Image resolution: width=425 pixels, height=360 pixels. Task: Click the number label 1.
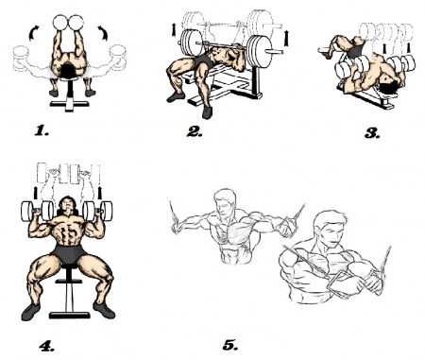(42, 130)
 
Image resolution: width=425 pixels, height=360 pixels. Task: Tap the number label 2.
(195, 131)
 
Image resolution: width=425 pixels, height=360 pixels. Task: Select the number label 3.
(372, 133)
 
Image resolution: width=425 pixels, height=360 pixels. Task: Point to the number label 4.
(46, 346)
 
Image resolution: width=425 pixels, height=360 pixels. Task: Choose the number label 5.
(230, 345)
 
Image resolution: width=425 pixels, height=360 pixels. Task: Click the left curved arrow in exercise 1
(33, 33)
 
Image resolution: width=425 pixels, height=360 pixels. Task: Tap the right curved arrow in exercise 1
(103, 33)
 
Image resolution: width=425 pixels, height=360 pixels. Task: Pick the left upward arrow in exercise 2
(174, 29)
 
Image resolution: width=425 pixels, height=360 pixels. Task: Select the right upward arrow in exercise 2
(286, 37)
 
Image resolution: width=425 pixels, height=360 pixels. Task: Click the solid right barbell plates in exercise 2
(259, 51)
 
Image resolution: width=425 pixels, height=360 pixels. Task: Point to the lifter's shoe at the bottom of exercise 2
(207, 112)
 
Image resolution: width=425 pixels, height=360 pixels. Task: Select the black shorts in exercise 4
(68, 253)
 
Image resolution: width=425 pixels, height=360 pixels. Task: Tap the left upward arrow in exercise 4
(36, 193)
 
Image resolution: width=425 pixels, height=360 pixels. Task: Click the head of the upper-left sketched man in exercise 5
(225, 202)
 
